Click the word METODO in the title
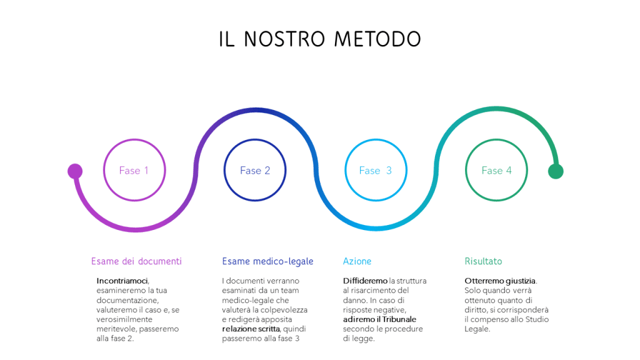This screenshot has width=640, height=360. click(377, 39)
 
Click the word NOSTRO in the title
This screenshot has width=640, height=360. click(284, 39)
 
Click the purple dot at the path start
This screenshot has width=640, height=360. click(75, 171)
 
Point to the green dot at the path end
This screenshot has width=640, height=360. click(556, 171)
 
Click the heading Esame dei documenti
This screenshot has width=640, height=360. click(136, 261)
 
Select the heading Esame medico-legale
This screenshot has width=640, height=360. click(267, 262)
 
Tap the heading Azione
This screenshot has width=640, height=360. click(357, 261)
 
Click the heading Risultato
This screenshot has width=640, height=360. click(483, 261)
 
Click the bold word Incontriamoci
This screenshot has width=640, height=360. click(122, 281)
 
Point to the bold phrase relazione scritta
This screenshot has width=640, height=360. click(251, 329)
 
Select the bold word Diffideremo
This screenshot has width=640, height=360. click(365, 281)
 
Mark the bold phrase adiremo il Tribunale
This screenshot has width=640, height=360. click(379, 319)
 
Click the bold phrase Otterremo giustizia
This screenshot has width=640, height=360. click(500, 281)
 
